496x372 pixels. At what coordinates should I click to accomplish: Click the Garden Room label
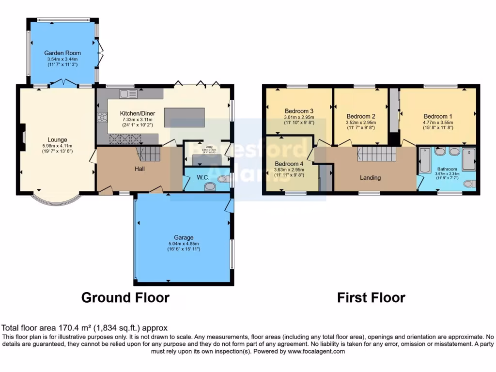[62, 53]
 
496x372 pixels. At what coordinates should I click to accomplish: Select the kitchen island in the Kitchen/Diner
[185, 117]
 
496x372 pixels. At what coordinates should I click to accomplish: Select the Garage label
[184, 238]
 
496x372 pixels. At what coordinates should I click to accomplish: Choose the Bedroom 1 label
[438, 116]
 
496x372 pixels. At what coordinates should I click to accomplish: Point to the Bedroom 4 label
[289, 163]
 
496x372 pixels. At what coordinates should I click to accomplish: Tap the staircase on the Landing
[377, 154]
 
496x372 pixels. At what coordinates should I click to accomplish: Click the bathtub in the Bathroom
[425, 160]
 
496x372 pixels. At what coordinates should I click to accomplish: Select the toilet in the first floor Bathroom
[469, 184]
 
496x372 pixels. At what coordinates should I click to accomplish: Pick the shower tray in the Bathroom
[468, 159]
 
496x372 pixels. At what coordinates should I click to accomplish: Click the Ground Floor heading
[125, 297]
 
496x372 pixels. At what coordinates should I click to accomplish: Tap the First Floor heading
[371, 297]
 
